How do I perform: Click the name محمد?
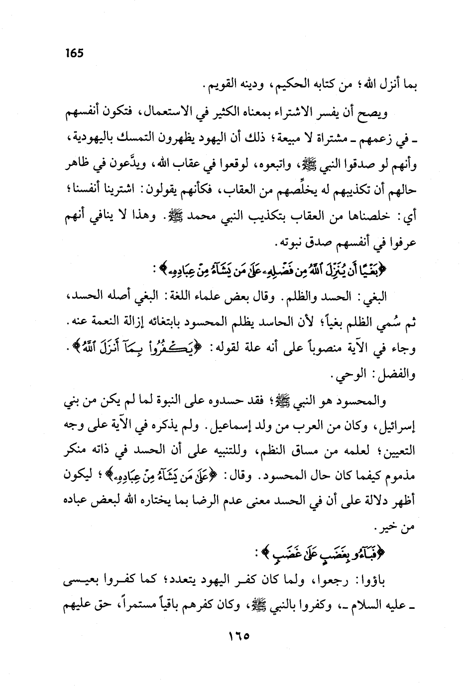(192, 218)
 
